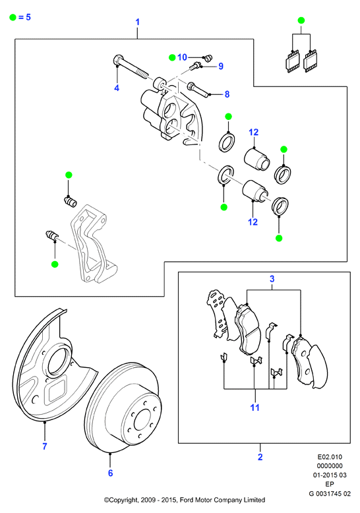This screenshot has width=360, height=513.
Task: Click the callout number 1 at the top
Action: (137, 22)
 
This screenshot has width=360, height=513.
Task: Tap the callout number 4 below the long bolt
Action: (117, 88)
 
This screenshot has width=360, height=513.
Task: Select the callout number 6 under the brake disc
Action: (110, 473)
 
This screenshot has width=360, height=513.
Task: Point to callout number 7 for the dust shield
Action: (45, 446)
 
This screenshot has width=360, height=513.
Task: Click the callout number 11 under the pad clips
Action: (255, 407)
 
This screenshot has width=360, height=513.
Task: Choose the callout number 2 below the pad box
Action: (260, 457)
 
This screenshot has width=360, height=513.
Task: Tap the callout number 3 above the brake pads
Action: (272, 279)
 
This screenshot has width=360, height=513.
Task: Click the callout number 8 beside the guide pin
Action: (227, 94)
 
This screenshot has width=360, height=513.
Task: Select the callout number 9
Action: (221, 66)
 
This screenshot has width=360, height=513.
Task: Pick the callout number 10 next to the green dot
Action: (182, 57)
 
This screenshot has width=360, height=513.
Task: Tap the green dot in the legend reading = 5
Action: (13, 17)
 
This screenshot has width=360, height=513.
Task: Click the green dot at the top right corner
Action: (301, 20)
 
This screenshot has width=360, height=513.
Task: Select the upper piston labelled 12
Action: (256, 159)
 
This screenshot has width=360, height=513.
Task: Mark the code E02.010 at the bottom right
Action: (330, 457)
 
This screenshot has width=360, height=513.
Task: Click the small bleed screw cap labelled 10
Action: (208, 59)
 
